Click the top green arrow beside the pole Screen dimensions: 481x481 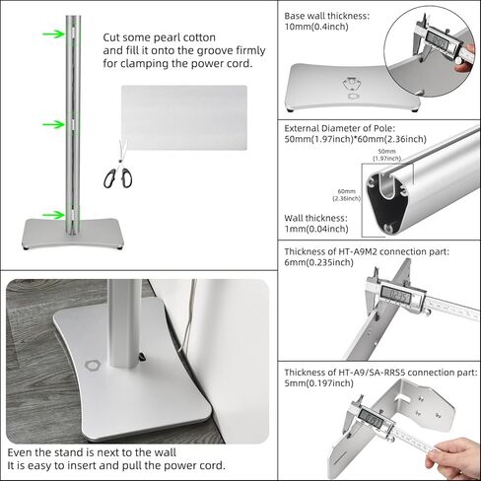click(x=50, y=33)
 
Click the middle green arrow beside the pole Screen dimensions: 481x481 click(x=50, y=125)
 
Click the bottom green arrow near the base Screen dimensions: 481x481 click(x=50, y=213)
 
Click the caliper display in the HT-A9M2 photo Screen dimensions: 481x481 click(x=397, y=293)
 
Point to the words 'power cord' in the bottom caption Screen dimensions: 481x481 click(x=197, y=465)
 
